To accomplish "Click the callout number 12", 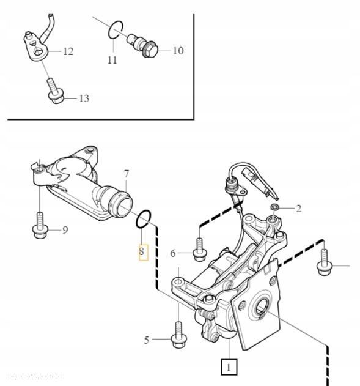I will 68,51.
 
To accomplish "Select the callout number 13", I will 83,98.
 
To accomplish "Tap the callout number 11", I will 112,60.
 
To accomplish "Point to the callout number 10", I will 178,51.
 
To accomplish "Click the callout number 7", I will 127,173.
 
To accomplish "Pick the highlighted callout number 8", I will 142,251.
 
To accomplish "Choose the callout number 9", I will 64,230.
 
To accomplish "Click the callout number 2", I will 299,209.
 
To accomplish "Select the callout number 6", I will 173,253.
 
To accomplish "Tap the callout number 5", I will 147,339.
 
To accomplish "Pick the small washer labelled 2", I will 275,209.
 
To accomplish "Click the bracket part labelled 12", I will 35,45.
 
